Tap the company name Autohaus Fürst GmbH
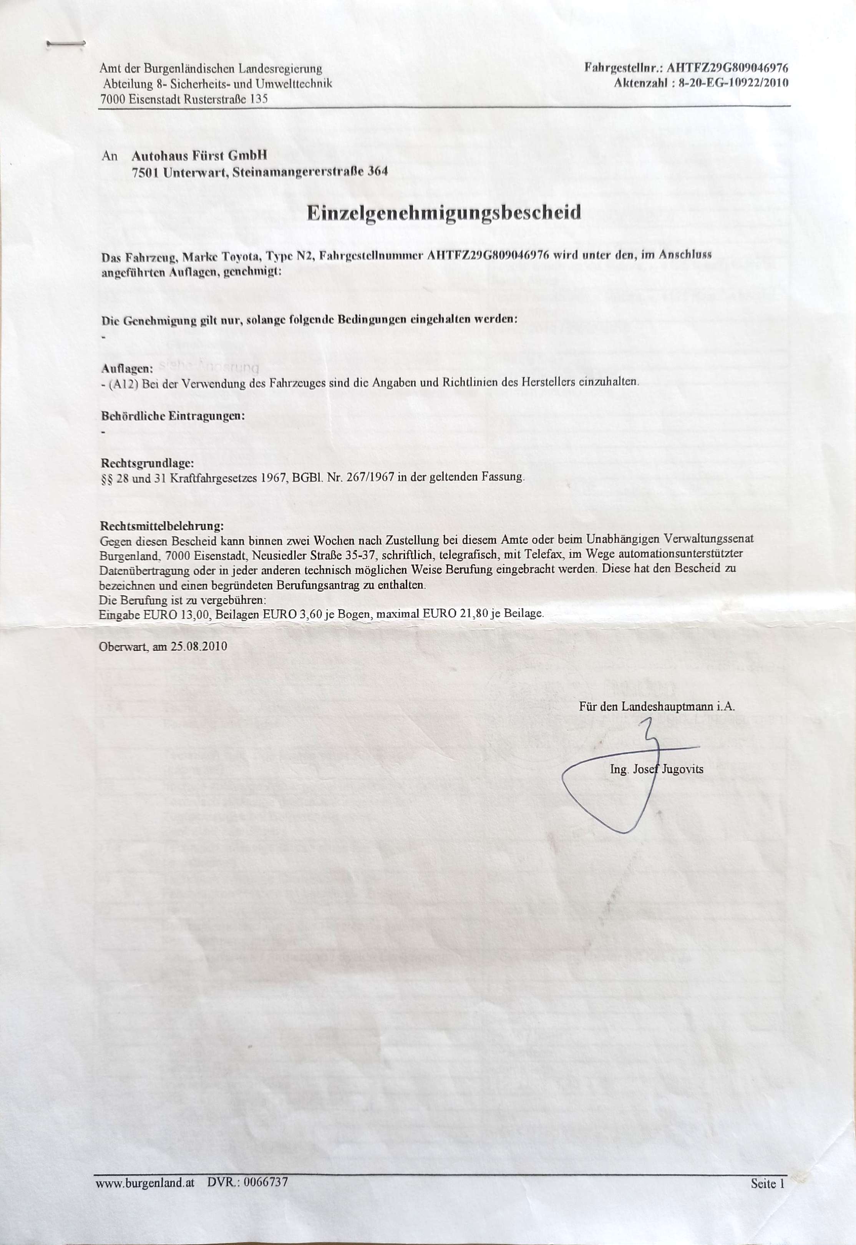(199, 156)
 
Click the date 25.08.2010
(199, 646)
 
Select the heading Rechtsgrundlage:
(148, 462)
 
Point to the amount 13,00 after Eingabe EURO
(196, 614)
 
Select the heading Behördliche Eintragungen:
(173, 416)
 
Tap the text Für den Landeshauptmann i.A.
(657, 706)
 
